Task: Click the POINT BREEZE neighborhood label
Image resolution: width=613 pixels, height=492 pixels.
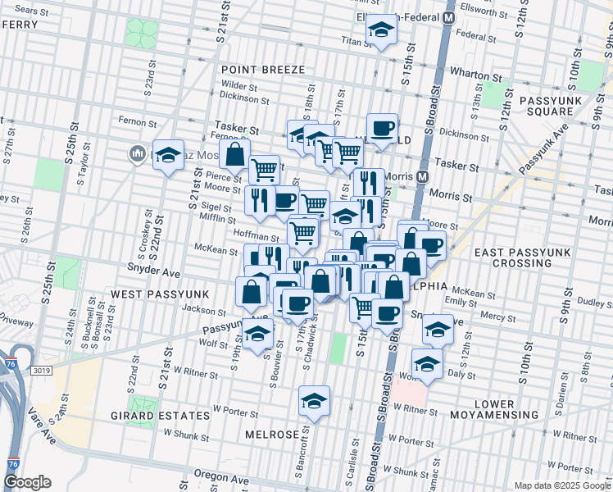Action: click(x=262, y=70)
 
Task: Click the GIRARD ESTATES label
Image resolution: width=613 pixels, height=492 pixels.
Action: click(x=150, y=416)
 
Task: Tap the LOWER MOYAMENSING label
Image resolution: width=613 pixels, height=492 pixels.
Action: click(x=506, y=411)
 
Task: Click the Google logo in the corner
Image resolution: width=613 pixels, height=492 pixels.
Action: click(x=26, y=482)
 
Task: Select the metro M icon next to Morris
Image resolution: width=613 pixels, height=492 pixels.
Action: click(x=423, y=177)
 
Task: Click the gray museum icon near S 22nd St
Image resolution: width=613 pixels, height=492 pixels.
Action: click(x=136, y=153)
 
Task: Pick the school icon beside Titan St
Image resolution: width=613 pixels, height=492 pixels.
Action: click(x=379, y=31)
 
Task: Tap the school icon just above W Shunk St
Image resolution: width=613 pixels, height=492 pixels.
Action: click(x=314, y=401)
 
